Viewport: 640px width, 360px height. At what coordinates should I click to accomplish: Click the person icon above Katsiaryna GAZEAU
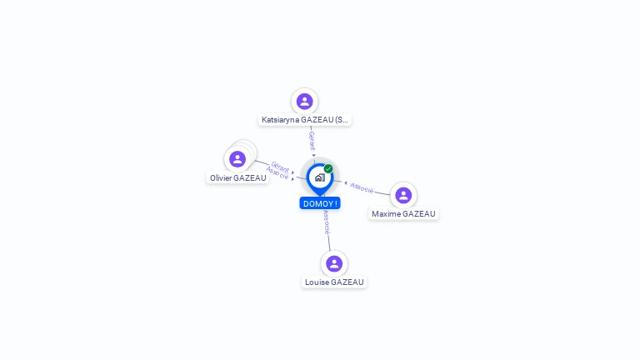click(x=304, y=101)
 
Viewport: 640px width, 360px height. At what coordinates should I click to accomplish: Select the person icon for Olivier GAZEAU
click(x=237, y=158)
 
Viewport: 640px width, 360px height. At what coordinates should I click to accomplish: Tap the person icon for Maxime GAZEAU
click(x=403, y=195)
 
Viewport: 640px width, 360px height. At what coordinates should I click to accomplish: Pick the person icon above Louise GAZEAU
click(x=334, y=263)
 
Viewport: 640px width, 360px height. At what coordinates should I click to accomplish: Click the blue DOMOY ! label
click(x=320, y=203)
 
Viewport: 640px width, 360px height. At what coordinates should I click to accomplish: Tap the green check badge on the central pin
click(x=328, y=168)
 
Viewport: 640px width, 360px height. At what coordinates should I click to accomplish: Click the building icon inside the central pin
click(x=319, y=177)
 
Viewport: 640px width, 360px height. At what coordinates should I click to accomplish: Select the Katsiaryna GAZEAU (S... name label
click(x=305, y=120)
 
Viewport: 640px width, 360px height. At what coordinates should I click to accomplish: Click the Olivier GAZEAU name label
click(x=238, y=177)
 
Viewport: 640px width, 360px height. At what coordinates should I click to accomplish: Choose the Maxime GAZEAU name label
click(x=403, y=214)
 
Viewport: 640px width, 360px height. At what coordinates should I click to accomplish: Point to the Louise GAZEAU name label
click(x=334, y=282)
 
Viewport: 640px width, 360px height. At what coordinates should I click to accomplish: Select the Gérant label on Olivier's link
click(x=280, y=166)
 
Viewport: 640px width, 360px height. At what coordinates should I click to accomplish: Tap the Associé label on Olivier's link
click(x=277, y=173)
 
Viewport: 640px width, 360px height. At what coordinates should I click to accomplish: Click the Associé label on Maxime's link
click(x=362, y=187)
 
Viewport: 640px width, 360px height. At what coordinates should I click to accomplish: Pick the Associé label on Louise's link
click(x=326, y=222)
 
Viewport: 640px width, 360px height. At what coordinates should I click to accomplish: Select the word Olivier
click(x=222, y=177)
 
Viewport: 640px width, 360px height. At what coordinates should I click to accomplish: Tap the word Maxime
click(x=386, y=214)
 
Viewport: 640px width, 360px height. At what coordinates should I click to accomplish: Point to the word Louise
click(x=317, y=282)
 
